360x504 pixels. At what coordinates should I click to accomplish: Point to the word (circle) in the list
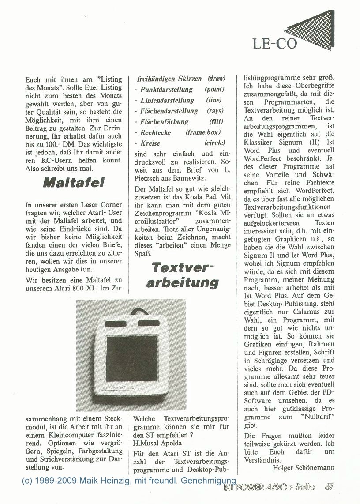point(215,143)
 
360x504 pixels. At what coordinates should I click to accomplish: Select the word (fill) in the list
point(216,122)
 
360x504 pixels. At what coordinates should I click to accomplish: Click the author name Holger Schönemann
point(304,467)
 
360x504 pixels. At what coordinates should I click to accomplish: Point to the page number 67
point(329,487)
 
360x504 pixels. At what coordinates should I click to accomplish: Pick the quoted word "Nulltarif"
point(316,417)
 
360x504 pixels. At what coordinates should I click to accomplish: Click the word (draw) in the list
point(216,79)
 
